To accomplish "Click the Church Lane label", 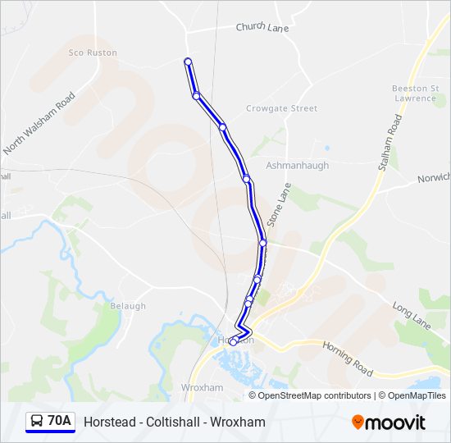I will (x=262, y=27).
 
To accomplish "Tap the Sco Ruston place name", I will (x=93, y=53).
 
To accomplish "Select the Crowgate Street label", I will (x=281, y=108).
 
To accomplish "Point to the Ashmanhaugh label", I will (x=297, y=165).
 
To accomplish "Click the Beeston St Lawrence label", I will (x=413, y=93).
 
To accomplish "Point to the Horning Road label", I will (x=348, y=354).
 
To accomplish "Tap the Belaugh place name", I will (x=127, y=306).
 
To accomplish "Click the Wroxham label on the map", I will (x=202, y=387).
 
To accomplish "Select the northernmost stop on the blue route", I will (x=188, y=62).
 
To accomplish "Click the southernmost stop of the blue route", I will (x=233, y=342).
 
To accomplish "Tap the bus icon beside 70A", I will (x=37, y=422).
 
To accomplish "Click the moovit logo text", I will (x=396, y=422).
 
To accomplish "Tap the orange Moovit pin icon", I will (x=358, y=422).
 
